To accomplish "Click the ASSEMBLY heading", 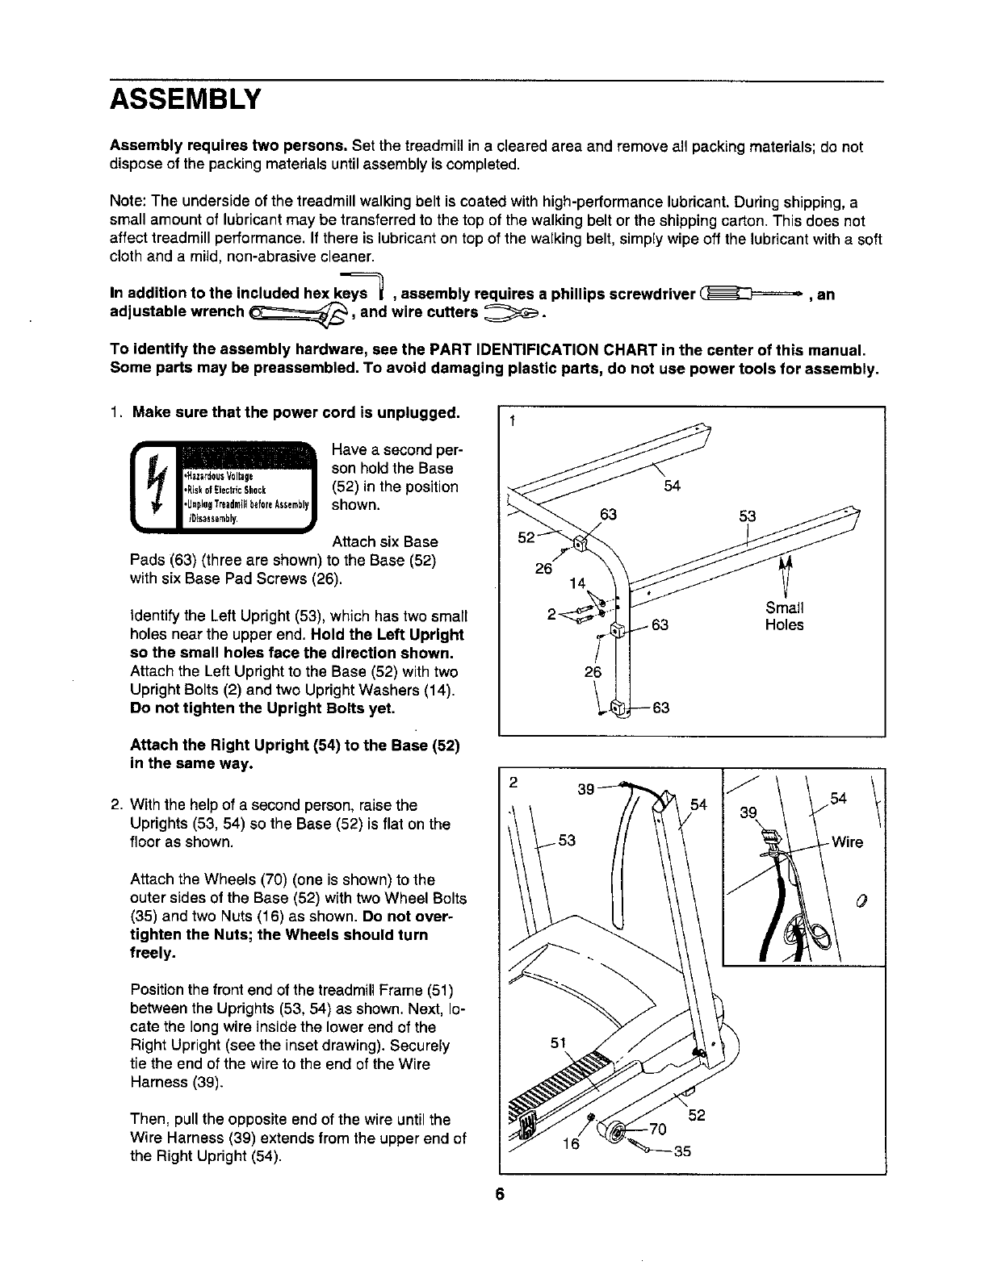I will pyautogui.click(x=186, y=100).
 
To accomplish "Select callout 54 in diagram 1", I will pyautogui.click(x=672, y=486).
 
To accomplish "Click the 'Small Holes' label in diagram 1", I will pyautogui.click(x=784, y=616).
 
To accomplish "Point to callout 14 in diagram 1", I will pyautogui.click(x=576, y=583).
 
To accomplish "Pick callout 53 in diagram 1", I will pyautogui.click(x=748, y=516).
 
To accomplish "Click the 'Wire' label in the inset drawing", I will pyautogui.click(x=847, y=842).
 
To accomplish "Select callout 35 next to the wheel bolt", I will pyautogui.click(x=682, y=1151).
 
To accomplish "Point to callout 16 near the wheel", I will pyautogui.click(x=572, y=1142).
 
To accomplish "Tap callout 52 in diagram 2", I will pyautogui.click(x=697, y=1116).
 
